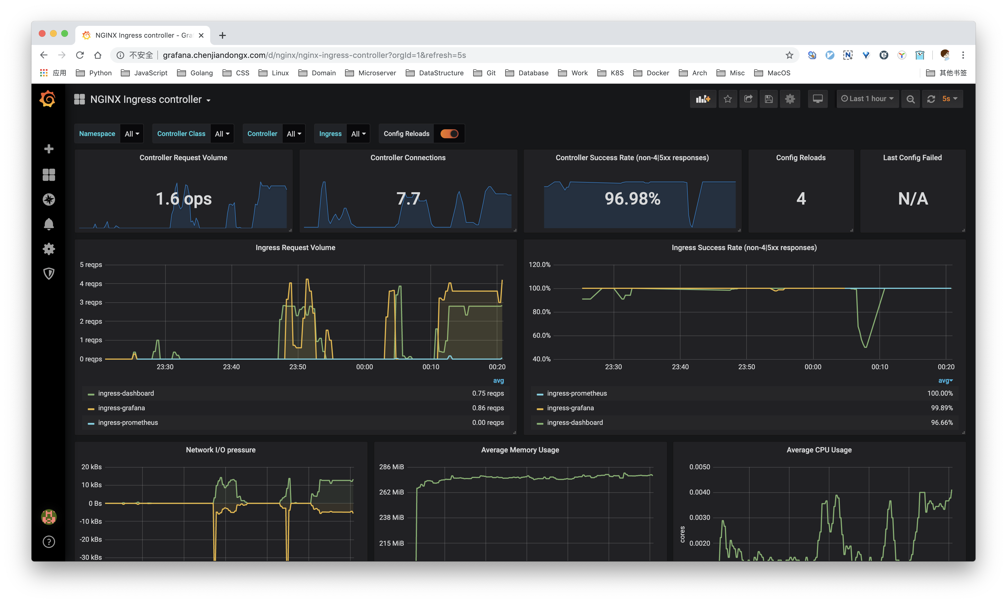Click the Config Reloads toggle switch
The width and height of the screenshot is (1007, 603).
click(x=449, y=134)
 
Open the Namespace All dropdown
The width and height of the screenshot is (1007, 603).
click(x=131, y=134)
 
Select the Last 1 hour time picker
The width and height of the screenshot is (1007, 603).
click(x=867, y=99)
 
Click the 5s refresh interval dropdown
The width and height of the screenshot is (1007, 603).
click(x=950, y=99)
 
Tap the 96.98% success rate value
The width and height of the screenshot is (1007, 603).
click(x=632, y=199)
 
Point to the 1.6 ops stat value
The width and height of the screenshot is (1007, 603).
click(x=183, y=199)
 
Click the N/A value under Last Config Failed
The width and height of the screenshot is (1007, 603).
click(x=913, y=199)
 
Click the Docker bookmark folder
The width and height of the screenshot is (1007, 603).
click(x=657, y=73)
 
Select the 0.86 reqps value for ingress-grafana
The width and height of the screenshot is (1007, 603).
click(x=487, y=408)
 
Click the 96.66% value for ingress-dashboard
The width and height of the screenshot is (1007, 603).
click(x=941, y=423)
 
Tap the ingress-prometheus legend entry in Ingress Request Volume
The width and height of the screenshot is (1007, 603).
click(x=128, y=423)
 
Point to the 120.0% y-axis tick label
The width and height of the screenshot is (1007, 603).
click(x=539, y=264)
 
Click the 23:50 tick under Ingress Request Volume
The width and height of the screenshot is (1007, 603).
click(x=297, y=367)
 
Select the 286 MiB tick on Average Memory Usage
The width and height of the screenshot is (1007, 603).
click(x=391, y=467)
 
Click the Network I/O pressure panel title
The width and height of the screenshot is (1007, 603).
click(x=221, y=450)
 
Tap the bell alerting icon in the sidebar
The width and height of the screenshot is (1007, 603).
click(x=49, y=224)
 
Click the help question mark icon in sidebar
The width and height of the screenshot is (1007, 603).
click(x=49, y=542)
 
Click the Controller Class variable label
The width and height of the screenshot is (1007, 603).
click(x=181, y=134)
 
